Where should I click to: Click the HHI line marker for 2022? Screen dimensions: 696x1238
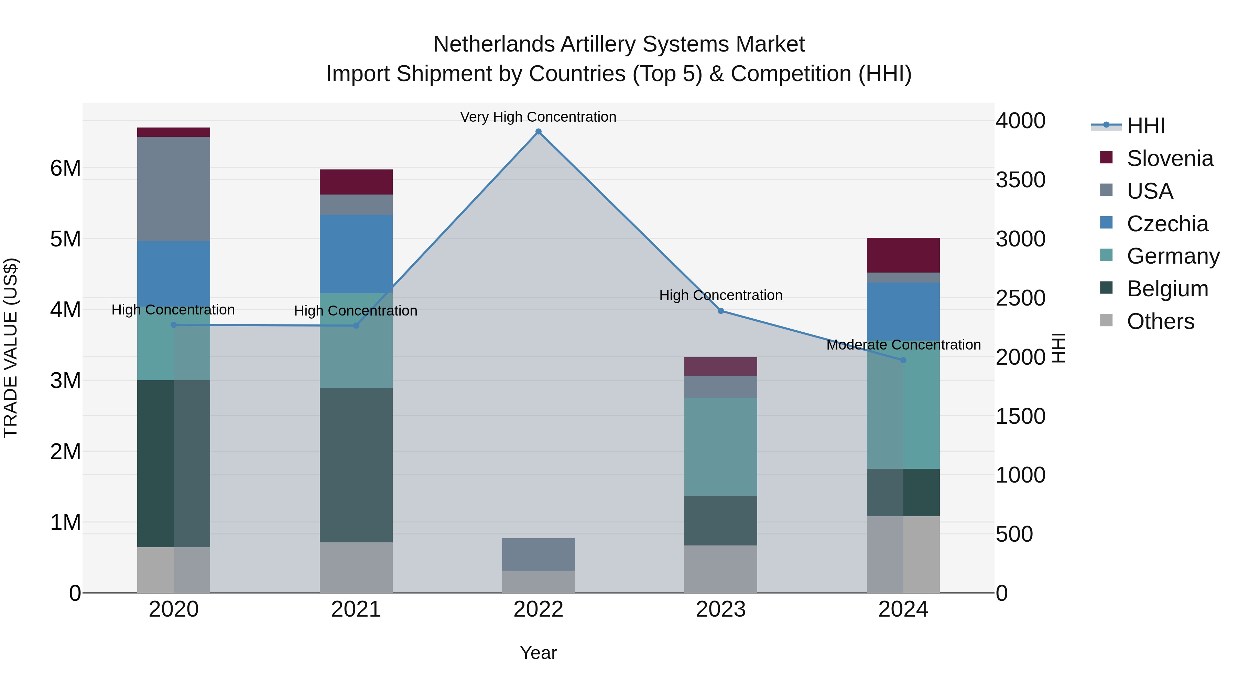click(x=538, y=132)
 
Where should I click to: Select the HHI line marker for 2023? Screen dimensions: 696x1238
click(x=720, y=311)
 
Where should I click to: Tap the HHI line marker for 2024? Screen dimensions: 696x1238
click(x=903, y=360)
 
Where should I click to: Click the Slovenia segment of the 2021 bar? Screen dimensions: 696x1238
click(x=356, y=182)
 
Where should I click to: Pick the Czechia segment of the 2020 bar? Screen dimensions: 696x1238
click(x=174, y=273)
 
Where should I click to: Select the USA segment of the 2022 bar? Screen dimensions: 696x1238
click(x=538, y=554)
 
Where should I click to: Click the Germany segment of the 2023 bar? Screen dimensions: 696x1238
click(x=720, y=447)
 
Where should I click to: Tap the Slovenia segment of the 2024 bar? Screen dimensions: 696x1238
click(x=903, y=255)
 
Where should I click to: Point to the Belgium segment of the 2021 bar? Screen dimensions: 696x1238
click(x=356, y=465)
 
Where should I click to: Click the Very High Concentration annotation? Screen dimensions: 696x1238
click(x=538, y=117)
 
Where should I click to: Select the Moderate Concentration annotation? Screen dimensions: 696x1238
click(x=903, y=345)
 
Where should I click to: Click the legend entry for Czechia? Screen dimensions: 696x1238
click(x=1167, y=224)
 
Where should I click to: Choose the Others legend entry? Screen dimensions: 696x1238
click(x=1160, y=321)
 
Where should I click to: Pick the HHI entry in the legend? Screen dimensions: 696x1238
click(x=1146, y=126)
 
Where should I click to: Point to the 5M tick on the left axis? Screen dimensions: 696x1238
click(x=65, y=239)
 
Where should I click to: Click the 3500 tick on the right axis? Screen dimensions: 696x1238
click(x=1020, y=180)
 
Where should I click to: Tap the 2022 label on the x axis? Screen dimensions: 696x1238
click(x=538, y=609)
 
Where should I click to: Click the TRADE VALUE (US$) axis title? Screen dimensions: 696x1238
click(x=11, y=348)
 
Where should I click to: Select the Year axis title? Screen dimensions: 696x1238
click(x=538, y=653)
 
